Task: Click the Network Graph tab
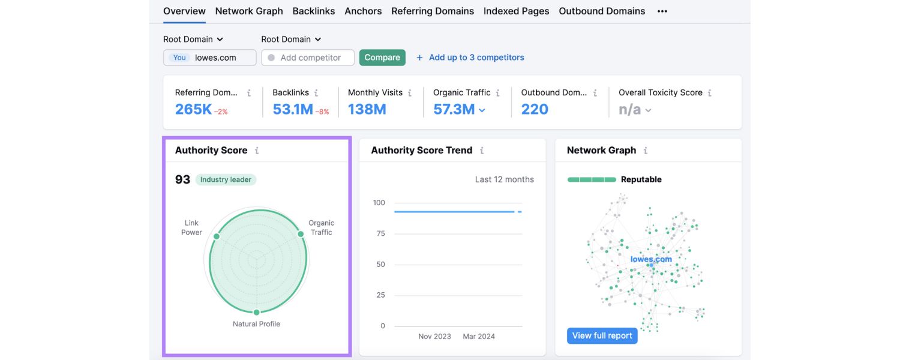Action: tap(249, 11)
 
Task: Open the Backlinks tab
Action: tap(314, 11)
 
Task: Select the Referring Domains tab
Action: tap(432, 11)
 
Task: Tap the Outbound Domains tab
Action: tap(602, 11)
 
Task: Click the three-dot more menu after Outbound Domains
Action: tap(662, 11)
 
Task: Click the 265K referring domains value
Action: tap(193, 109)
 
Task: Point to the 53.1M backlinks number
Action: tap(293, 109)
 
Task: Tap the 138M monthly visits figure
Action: tap(367, 109)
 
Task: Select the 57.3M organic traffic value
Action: tap(454, 109)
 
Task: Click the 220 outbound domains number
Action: tap(535, 109)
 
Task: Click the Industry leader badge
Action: tap(226, 179)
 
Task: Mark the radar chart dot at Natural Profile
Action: tap(257, 312)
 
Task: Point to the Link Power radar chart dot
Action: tap(217, 236)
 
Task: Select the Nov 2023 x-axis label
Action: tap(434, 337)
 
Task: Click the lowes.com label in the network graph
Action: tap(651, 259)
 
